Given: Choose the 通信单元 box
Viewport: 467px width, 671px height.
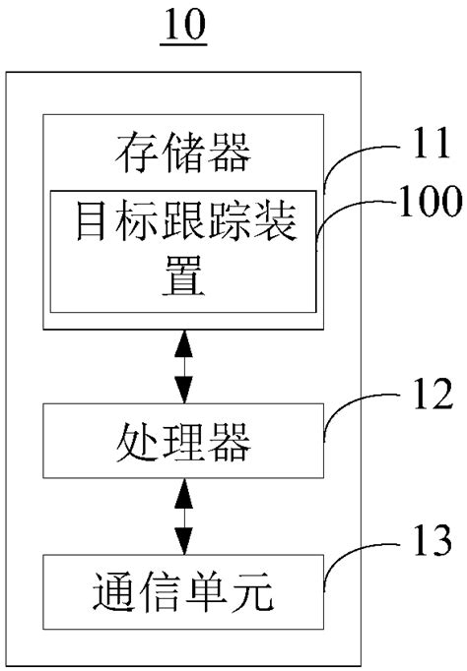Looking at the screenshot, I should tap(183, 592).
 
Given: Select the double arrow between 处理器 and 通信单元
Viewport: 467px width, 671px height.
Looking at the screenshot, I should tap(183, 516).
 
